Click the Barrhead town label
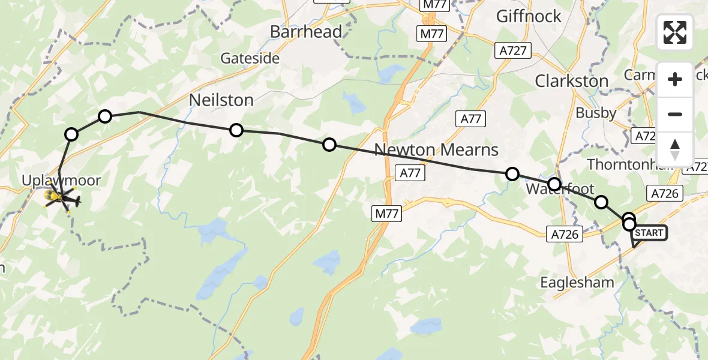306,32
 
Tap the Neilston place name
221,100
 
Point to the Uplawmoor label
61,179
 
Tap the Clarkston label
571,81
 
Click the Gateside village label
250,58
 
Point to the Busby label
596,113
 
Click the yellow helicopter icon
60,196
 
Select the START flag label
649,233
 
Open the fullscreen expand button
675,32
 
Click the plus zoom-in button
675,79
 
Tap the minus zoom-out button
675,114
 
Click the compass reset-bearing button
675,149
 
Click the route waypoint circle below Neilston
236,130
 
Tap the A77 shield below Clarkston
471,119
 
